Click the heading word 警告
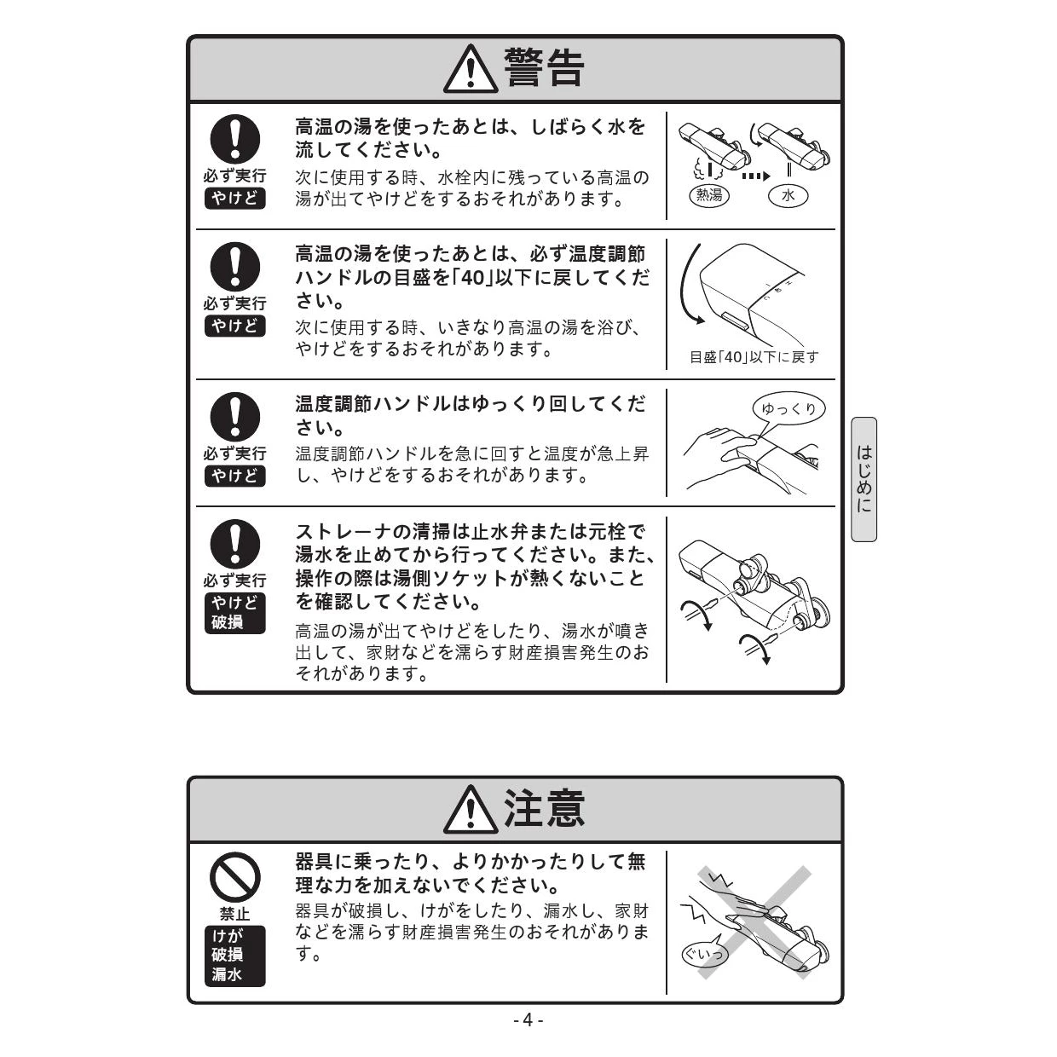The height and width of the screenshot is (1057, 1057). point(544,68)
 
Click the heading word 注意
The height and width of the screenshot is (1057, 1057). point(544,809)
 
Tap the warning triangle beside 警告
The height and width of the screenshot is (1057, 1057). point(471,69)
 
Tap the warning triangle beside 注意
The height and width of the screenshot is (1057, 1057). point(471,810)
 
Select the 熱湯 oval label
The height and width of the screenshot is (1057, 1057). point(708,195)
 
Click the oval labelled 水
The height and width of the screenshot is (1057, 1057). point(788,195)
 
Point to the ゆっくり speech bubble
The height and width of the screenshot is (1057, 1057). point(788,408)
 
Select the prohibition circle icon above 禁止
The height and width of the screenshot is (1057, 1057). point(234,876)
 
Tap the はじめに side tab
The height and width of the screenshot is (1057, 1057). point(864,479)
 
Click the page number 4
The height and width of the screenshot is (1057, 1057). point(528,1020)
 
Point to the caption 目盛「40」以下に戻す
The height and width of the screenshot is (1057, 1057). point(754,358)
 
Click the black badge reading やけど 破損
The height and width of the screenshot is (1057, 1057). point(234,613)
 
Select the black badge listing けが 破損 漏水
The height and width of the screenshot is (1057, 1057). point(234,956)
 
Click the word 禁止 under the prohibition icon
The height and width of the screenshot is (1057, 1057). point(234,914)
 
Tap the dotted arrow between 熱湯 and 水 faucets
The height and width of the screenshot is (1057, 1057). point(756,176)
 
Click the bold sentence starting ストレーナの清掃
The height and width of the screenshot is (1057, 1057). point(475,567)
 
